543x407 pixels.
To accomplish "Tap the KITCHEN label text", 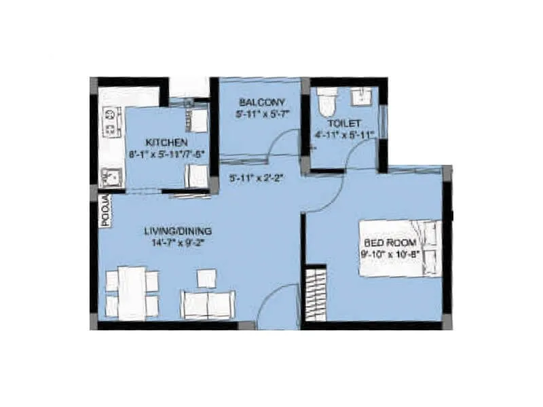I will (x=166, y=142).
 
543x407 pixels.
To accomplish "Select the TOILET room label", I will (x=344, y=123).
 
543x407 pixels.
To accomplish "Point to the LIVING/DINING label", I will (x=174, y=230).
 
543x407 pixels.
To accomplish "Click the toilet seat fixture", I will (x=326, y=102).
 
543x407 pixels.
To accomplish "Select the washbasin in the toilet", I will (x=361, y=96).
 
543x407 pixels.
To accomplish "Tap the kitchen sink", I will (x=111, y=178).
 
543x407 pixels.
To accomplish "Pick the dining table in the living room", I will (x=132, y=292).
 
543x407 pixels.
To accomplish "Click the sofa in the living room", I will (x=208, y=305).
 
